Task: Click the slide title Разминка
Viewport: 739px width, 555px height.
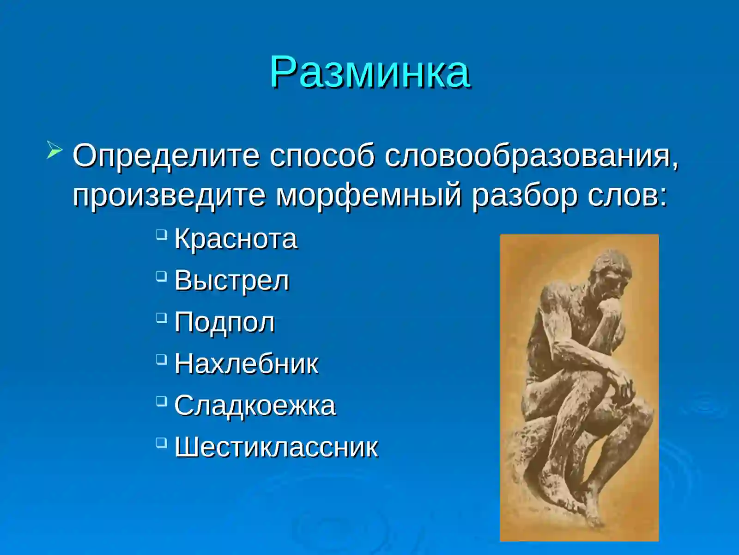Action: point(370,72)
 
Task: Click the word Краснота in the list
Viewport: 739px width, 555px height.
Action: point(236,239)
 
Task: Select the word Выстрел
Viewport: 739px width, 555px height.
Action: point(231,281)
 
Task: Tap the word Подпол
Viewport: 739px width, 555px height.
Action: point(224,322)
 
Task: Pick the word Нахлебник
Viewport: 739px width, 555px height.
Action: point(246,364)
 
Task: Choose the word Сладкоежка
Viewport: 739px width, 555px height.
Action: point(254,406)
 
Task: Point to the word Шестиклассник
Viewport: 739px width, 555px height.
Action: point(276,447)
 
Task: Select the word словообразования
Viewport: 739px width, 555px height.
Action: point(531,156)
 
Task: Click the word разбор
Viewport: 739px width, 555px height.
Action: point(524,195)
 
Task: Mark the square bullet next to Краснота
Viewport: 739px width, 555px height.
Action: point(161,234)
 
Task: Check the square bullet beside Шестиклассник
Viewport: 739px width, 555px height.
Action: point(161,443)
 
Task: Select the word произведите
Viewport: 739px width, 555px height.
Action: point(169,195)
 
